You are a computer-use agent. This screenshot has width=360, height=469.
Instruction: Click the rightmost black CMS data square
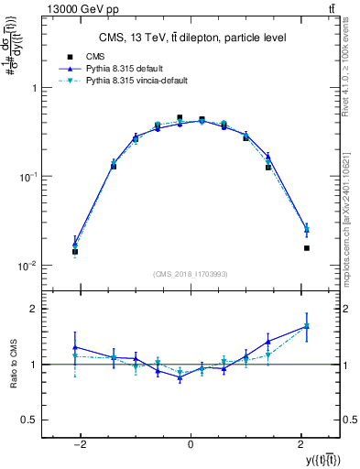coord(307,248)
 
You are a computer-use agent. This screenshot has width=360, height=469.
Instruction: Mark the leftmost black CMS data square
coord(75,252)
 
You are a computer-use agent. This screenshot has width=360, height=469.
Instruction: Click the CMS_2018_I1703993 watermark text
coord(190,274)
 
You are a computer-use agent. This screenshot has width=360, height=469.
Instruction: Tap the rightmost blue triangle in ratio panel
coord(307,325)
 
